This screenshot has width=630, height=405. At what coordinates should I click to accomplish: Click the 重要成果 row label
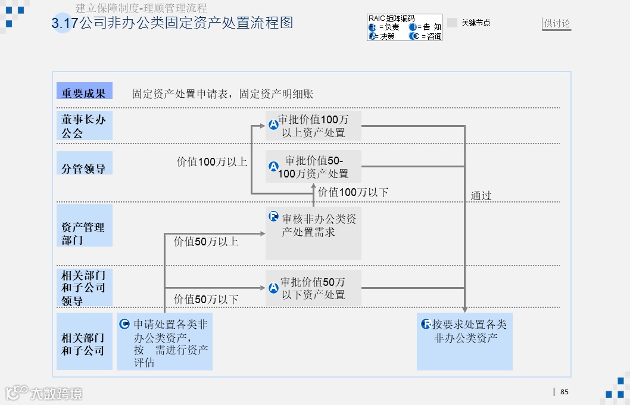pos(84,93)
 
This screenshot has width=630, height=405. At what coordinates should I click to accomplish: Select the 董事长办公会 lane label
pos(84,126)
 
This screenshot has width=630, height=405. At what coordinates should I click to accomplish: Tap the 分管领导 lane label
pos(84,169)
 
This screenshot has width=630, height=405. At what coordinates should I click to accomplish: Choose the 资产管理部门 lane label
pos(84,233)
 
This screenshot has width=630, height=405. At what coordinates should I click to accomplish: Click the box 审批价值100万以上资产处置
pos(313,126)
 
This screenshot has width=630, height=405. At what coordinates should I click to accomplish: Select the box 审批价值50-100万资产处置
pos(313,167)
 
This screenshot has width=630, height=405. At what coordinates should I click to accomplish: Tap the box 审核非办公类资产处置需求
pos(313,233)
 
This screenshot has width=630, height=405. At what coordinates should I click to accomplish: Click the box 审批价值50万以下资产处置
pos(313,288)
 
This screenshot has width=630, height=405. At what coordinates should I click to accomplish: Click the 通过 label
pos(481,196)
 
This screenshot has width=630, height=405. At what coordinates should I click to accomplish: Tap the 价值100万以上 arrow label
pos(212,162)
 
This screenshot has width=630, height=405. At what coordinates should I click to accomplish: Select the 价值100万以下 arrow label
pos(353,192)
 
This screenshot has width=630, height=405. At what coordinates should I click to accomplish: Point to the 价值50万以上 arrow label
pos(206,242)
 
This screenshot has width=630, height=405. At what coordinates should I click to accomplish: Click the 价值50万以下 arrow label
pos(206,300)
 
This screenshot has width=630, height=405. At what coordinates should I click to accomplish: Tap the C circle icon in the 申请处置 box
pos(124,325)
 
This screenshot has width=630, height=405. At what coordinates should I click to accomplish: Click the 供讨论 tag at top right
pos(557,24)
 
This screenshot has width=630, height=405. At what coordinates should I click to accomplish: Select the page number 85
pos(564,392)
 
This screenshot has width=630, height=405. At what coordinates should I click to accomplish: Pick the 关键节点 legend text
pos(476,23)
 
